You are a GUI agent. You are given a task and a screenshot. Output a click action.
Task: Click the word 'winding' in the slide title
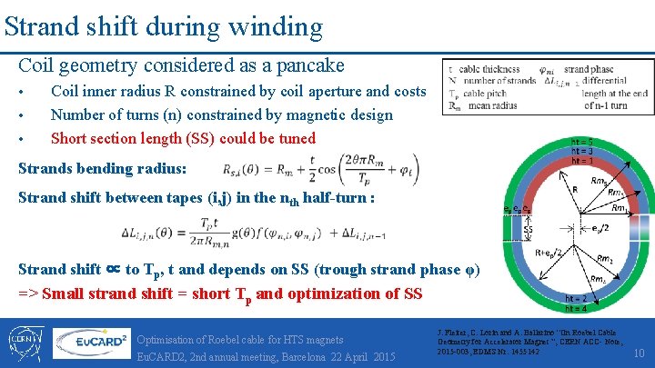(278, 26)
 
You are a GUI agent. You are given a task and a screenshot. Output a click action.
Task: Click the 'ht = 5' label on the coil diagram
(582, 141)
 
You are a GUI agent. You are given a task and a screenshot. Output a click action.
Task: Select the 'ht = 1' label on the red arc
(582, 161)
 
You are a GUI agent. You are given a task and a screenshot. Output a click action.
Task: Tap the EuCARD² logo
(91, 343)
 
